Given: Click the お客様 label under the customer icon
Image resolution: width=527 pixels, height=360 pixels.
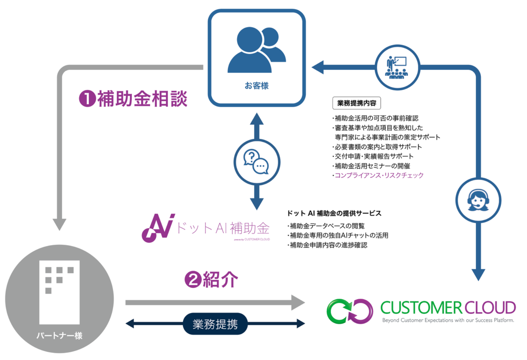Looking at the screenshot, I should point(257,86).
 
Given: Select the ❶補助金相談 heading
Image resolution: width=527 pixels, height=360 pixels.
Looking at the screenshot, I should point(133,99).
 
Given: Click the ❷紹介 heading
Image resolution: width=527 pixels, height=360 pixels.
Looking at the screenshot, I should point(211,280).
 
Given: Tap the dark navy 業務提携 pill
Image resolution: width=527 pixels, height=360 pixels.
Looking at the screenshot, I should point(215,324).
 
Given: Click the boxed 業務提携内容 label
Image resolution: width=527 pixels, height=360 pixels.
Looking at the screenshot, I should point(356,103).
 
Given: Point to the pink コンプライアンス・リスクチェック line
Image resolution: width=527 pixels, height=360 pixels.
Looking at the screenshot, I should point(379,175).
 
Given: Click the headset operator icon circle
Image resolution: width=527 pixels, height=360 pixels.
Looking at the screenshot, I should point(478,200).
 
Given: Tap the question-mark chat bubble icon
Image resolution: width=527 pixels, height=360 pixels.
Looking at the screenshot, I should point(257,162).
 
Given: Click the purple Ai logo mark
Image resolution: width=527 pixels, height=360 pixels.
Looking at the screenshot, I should point(158,228).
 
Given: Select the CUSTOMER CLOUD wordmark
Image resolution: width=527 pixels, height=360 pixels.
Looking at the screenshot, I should point(448,308).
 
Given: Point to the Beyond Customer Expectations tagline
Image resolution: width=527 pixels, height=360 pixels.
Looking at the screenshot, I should point(448,320).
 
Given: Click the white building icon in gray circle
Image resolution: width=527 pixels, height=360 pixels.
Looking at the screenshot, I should point(59,292).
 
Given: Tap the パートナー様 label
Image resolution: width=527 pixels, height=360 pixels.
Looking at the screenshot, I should point(59,335).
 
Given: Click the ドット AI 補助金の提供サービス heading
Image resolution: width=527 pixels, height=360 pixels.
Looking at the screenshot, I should point(334,213).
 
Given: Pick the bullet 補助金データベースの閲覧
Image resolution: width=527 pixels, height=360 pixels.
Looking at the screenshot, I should point(327,226).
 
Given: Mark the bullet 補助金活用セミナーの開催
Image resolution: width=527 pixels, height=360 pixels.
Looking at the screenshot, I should point(372,166).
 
